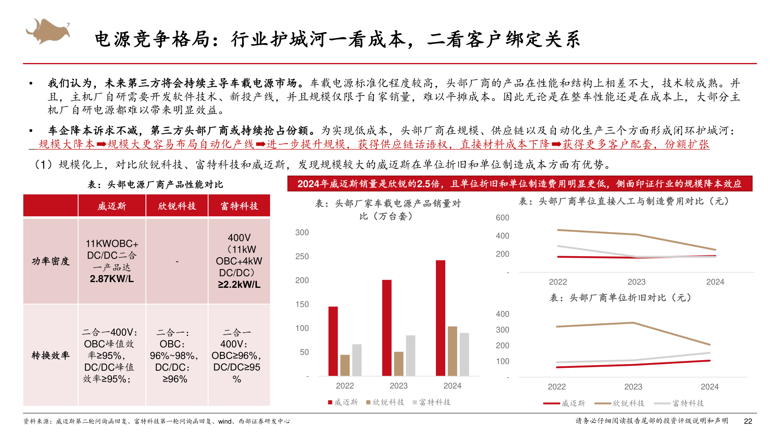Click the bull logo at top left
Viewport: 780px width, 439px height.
point(48,31)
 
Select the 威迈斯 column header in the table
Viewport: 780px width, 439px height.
point(112,206)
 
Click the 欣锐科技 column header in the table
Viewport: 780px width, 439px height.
point(177,206)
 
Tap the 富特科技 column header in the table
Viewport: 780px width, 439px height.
point(239,206)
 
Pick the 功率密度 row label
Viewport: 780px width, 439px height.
point(50,261)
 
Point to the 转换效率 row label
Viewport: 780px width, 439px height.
point(50,355)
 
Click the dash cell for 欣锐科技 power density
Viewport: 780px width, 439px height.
point(177,261)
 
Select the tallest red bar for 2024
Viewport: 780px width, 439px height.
point(440,318)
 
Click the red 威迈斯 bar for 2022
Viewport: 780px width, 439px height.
point(333,341)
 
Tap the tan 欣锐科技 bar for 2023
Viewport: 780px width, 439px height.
point(399,363)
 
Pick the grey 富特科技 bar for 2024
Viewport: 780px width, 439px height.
point(464,354)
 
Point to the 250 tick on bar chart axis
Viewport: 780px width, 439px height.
point(302,256)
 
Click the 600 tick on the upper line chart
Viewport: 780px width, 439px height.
point(503,217)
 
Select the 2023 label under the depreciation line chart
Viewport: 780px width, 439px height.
point(633,387)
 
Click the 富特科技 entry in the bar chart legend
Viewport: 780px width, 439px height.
point(434,402)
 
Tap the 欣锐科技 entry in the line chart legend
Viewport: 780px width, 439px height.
point(628,403)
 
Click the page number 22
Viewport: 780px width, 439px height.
point(748,421)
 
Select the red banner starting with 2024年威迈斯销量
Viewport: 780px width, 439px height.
point(520,184)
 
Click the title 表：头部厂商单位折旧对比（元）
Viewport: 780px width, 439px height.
point(620,298)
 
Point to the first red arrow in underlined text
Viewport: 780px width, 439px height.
point(101,144)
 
